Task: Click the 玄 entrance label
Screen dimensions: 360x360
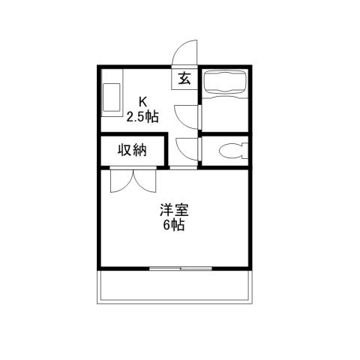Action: (184, 77)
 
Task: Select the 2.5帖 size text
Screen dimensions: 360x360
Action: (142, 116)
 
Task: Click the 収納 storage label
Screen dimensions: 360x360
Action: (131, 150)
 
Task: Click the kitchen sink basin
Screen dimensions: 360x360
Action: (112, 97)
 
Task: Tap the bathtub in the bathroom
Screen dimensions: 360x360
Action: (227, 81)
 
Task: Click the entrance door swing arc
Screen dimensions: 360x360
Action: (182, 55)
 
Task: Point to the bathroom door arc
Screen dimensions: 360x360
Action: (186, 114)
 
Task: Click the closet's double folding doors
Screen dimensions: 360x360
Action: (132, 181)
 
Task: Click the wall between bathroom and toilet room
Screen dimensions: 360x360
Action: (227, 133)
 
